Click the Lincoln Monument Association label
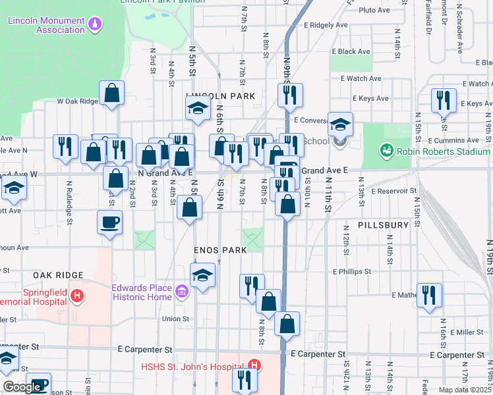[x=46, y=25]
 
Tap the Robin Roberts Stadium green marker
[x=386, y=151]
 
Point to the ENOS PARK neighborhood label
[x=220, y=250]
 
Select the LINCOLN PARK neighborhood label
[x=220, y=96]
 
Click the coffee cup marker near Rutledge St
[x=109, y=222]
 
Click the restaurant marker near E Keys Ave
[x=443, y=100]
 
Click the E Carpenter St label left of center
[x=144, y=350]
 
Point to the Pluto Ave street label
[x=375, y=10]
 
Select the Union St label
[x=176, y=319]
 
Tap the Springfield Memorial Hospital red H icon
[x=78, y=295]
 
